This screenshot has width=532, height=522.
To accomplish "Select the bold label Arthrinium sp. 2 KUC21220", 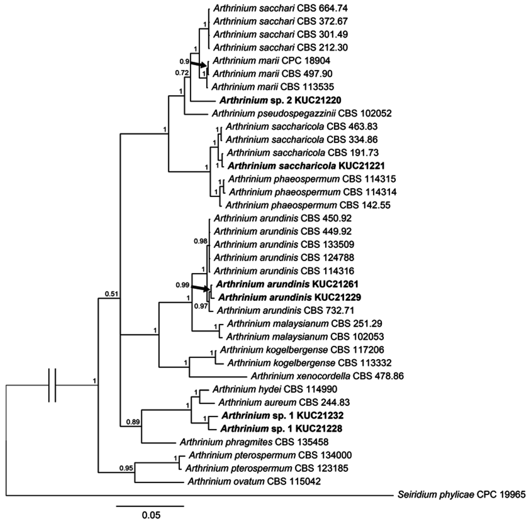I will (x=280, y=100).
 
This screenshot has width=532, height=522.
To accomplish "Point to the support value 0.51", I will (x=111, y=294).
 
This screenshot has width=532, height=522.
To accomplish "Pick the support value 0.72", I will (x=182, y=73).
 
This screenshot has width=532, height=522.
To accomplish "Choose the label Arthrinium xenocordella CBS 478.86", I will (x=327, y=376).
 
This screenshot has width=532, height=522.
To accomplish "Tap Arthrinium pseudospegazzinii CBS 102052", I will (x=302, y=113).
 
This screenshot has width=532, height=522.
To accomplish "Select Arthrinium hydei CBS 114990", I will (x=275, y=389).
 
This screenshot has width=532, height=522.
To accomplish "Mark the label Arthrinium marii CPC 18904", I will (x=271, y=61).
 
